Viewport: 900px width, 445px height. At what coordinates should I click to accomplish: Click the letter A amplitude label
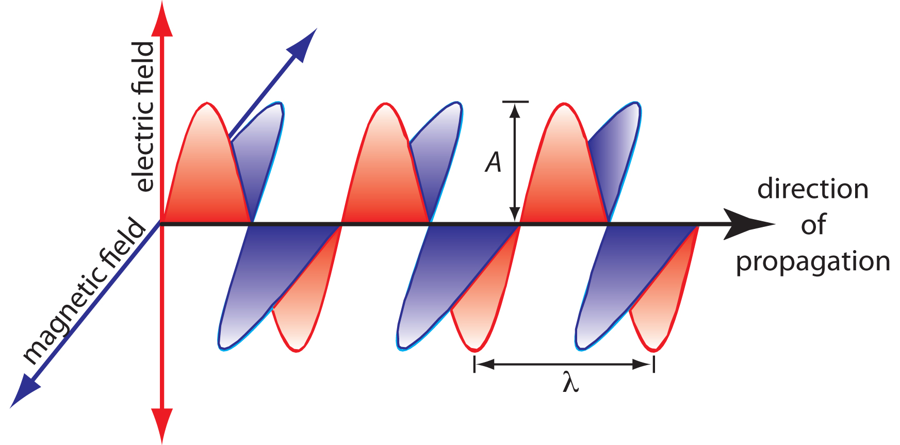[494, 162]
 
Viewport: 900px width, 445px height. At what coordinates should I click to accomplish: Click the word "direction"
[813, 189]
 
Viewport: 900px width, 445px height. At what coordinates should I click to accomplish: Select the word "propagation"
[813, 262]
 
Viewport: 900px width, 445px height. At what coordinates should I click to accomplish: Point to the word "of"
[813, 225]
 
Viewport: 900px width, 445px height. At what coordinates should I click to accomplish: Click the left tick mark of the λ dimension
[475, 364]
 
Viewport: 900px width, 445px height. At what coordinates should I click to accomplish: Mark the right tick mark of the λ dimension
[654, 364]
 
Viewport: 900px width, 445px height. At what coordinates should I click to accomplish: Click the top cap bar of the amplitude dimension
[515, 102]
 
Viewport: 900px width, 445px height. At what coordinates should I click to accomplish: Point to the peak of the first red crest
[207, 104]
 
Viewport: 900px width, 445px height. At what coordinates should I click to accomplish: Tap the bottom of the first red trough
[297, 351]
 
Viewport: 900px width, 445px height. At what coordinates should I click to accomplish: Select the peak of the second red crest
[385, 104]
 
